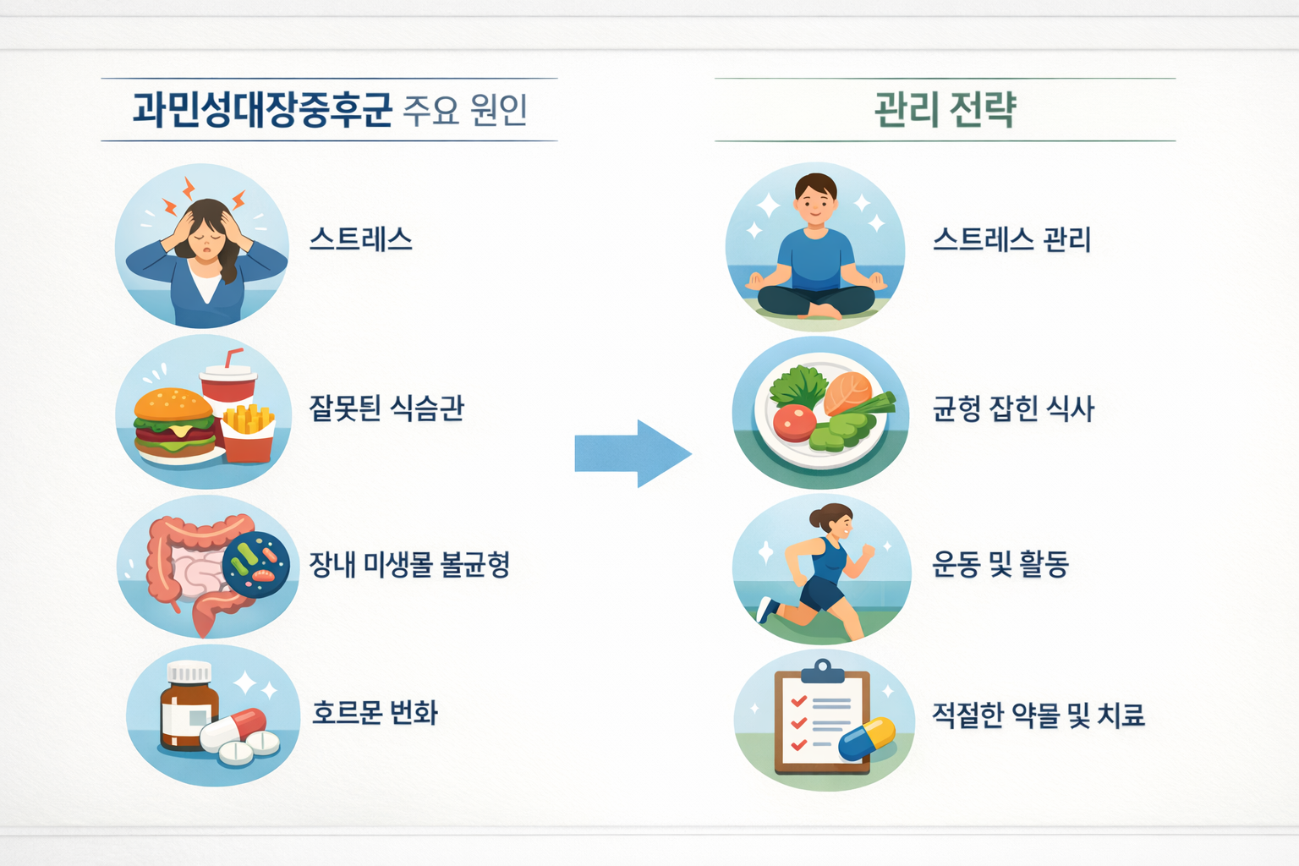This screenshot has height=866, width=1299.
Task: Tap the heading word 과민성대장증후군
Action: point(262,110)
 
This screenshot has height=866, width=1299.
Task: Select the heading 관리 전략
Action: point(945,110)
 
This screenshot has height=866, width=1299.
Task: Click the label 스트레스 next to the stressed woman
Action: point(361,240)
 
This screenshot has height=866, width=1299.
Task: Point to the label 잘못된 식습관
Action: point(386,408)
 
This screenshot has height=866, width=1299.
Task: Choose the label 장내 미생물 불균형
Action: point(409,564)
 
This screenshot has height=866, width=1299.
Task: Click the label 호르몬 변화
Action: point(375,713)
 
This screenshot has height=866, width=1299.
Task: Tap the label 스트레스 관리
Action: point(1011,240)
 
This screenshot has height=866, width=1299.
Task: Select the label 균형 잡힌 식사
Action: point(1013,409)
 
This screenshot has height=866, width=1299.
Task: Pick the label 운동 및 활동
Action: point(1000,564)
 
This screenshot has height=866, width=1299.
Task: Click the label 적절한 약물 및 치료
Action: point(1039,715)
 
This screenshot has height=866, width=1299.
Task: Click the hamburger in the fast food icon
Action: point(174,423)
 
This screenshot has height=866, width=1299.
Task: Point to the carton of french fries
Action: point(249,433)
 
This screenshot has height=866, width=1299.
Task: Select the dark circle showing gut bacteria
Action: point(256,565)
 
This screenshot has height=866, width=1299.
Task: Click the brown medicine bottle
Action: point(188,709)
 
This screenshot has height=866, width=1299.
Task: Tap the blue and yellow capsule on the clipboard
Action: point(867,738)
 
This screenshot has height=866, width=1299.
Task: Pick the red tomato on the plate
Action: point(793,421)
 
